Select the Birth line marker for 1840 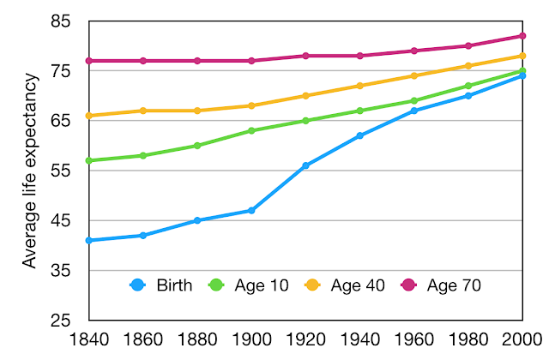click(x=89, y=241)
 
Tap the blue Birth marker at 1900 click(x=251, y=210)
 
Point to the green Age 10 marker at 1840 click(x=89, y=160)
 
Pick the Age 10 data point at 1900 click(x=251, y=130)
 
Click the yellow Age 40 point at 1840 click(x=89, y=116)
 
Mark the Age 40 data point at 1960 click(x=413, y=75)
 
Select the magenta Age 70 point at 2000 click(x=522, y=36)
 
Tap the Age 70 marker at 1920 click(x=305, y=56)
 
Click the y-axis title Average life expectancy click(x=31, y=171)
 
